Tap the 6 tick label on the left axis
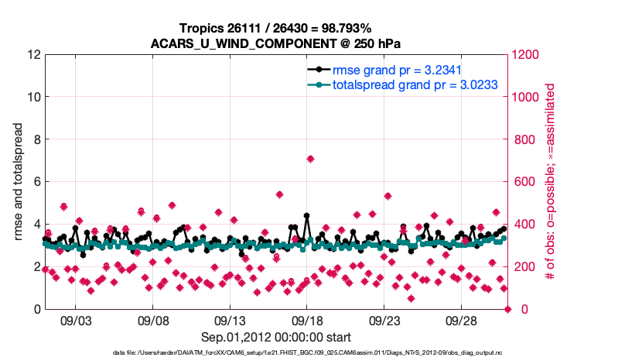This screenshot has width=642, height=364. click(36, 182)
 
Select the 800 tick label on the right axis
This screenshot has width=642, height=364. click(523, 139)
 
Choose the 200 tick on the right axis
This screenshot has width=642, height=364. click(523, 267)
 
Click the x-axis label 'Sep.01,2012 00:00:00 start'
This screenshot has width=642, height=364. click(276, 337)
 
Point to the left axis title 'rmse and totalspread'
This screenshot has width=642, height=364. click(18, 182)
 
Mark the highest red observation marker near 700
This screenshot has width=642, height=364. click(310, 159)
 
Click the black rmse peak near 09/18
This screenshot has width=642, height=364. click(307, 216)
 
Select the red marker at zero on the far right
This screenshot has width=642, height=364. click(507, 309)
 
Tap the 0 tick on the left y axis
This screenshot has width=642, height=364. click(36, 309)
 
